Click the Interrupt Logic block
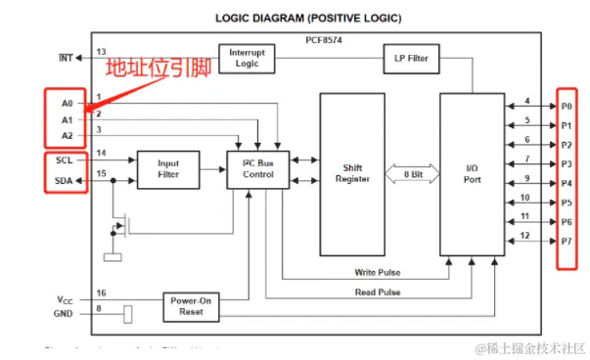(x=247, y=58)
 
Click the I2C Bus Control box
(x=258, y=168)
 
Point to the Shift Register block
(x=352, y=173)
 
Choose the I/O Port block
(x=471, y=173)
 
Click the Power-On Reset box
(x=190, y=307)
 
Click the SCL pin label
(x=64, y=159)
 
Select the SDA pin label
(x=64, y=180)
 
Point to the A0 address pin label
(x=67, y=101)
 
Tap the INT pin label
(x=66, y=58)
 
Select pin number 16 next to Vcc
(x=101, y=292)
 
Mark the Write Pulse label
(x=377, y=272)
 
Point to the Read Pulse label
(x=377, y=292)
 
